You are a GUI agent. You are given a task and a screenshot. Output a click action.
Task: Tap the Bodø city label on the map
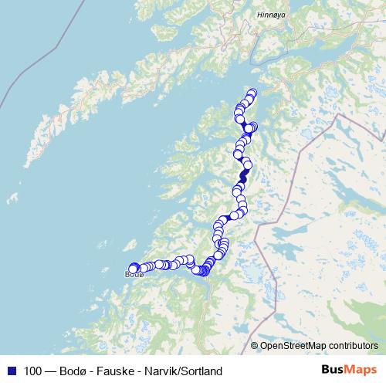pos(132,274)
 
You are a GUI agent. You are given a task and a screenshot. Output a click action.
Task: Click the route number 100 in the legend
pos(33,371)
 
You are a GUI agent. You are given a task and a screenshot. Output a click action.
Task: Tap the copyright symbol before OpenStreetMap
pos(255,346)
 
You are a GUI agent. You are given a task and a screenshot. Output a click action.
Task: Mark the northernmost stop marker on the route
pos(252,93)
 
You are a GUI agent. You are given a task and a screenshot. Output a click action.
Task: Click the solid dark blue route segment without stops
pos(244,177)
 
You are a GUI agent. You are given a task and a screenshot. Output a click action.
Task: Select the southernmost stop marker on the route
pos(203,271)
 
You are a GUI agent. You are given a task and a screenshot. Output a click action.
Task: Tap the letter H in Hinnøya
pos(259,15)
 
